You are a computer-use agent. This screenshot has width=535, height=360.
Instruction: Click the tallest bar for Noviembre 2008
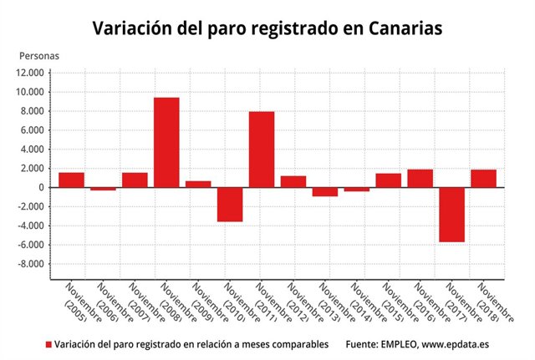pos(166,142)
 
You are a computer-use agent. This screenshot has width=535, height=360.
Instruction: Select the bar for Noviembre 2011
pos(262,149)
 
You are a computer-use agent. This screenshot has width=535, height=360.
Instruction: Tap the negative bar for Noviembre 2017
pos(452,215)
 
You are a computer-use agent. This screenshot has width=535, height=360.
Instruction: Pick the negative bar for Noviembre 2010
pos(230,205)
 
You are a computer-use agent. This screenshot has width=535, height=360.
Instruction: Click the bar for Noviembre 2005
pos(71,180)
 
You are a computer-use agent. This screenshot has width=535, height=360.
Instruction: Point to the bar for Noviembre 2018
pos(484,179)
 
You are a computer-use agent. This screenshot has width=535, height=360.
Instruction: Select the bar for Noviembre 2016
pos(420,179)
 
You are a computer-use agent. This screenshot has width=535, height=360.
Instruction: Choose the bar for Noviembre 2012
pos(293,182)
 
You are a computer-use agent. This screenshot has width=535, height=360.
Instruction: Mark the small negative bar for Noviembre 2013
pos(325,192)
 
